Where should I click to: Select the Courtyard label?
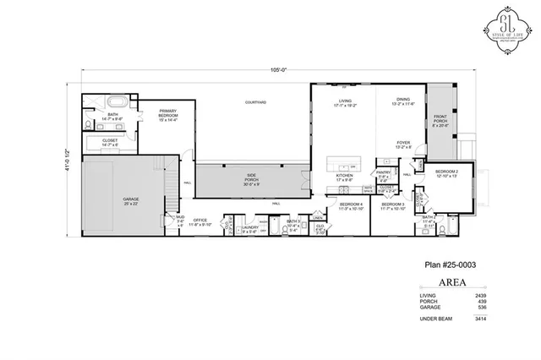pos(255,102)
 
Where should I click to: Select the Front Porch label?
pos(441,119)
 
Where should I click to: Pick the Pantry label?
pos(383,177)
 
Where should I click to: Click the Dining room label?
pos(403,101)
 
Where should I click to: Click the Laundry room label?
pos(249,228)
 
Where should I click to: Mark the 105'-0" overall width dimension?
pos(269,71)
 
